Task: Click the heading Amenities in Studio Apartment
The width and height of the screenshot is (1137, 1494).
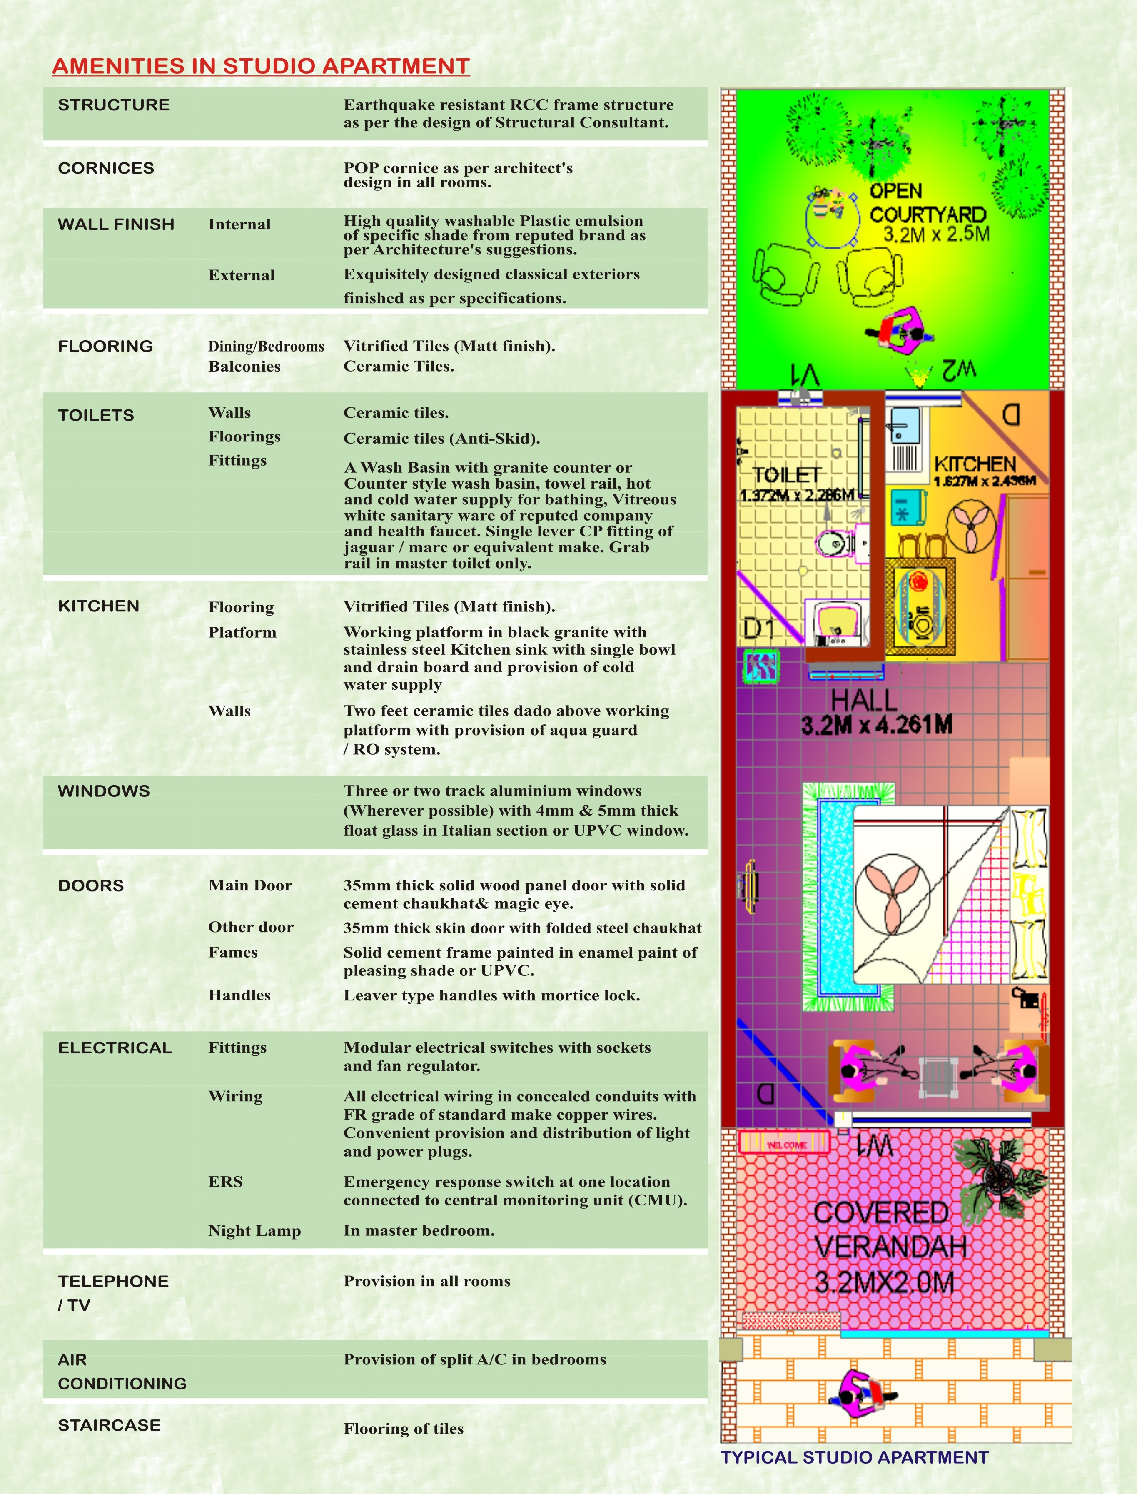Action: click(261, 66)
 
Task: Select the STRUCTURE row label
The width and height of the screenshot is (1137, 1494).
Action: click(114, 105)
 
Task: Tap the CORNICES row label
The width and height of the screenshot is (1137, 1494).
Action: click(106, 169)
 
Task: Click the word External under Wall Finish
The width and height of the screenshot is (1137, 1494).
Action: click(242, 275)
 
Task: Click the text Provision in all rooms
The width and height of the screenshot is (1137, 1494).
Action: click(427, 1281)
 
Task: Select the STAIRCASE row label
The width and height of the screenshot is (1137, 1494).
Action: click(110, 1425)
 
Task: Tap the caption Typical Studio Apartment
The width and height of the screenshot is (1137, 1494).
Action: click(855, 1457)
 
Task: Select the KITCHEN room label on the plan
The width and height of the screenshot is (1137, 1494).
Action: click(975, 464)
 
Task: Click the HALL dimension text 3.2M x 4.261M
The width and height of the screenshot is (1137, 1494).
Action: click(876, 726)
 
